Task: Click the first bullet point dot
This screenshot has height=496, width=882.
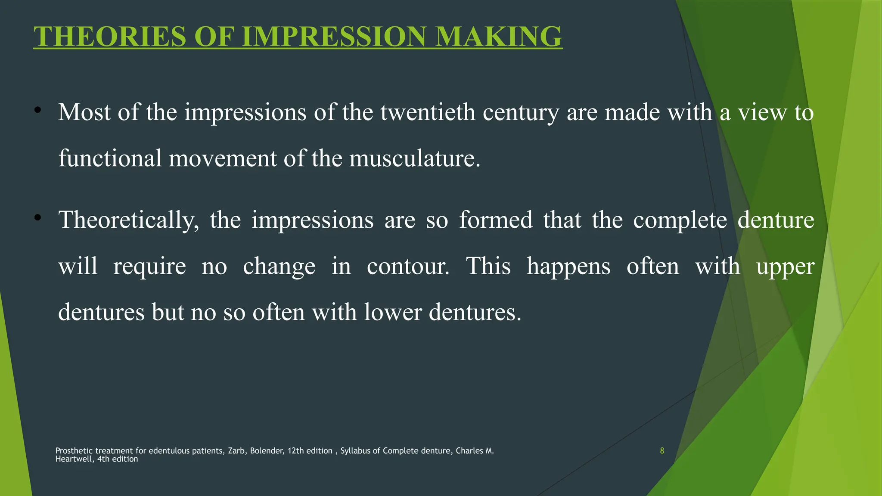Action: click(x=38, y=110)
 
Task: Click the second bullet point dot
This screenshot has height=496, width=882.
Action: click(x=38, y=217)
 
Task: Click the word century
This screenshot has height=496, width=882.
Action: click(x=521, y=113)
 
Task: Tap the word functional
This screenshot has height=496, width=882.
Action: click(x=110, y=158)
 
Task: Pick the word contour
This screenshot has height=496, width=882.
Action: click(x=408, y=266)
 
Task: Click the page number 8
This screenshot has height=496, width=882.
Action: click(x=662, y=451)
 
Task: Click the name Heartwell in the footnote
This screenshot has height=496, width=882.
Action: click(x=74, y=459)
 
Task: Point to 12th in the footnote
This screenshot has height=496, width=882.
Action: click(x=295, y=451)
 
